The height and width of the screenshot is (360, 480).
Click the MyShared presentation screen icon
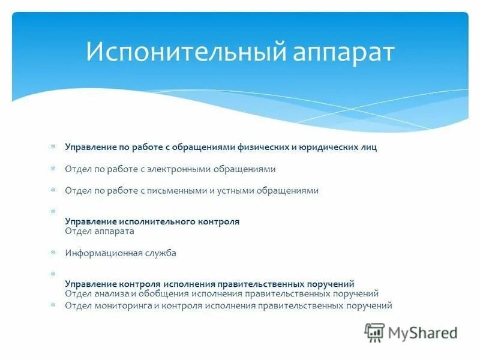coord(374,332)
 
